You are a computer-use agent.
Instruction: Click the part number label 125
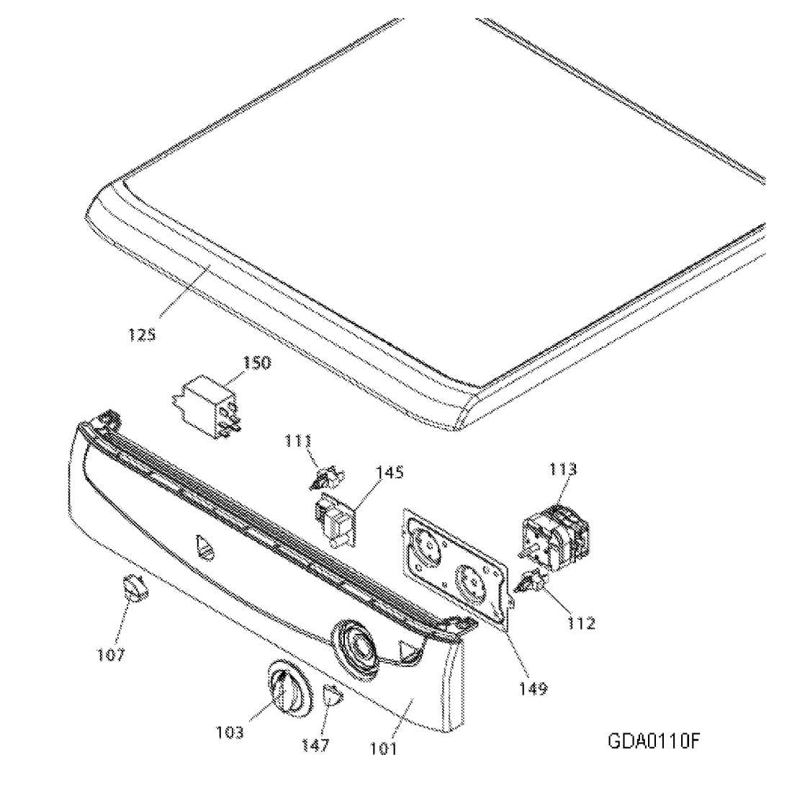pyautogui.click(x=142, y=335)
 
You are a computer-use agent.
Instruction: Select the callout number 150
pyautogui.click(x=256, y=362)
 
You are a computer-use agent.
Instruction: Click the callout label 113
pyautogui.click(x=562, y=470)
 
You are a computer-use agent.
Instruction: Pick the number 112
pyautogui.click(x=581, y=623)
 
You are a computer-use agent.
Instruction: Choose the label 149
pyautogui.click(x=533, y=688)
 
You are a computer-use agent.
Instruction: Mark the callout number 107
pyautogui.click(x=111, y=655)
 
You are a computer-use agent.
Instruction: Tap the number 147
pyautogui.click(x=316, y=745)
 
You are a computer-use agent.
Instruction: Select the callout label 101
pyautogui.click(x=383, y=748)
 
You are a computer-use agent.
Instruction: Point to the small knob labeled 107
pyautogui.click(x=133, y=588)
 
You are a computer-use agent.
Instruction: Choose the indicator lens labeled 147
pyautogui.click(x=332, y=696)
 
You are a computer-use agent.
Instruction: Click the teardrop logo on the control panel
pyautogui.click(x=204, y=547)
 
